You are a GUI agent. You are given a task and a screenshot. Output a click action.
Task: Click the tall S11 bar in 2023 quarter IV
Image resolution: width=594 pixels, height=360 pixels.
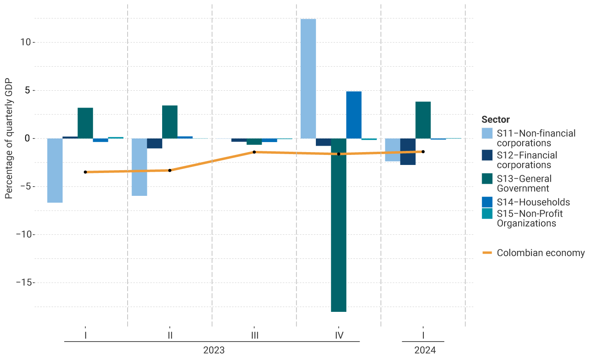308,79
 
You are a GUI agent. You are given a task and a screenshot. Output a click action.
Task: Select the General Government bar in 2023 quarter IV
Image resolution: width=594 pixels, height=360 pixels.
339,225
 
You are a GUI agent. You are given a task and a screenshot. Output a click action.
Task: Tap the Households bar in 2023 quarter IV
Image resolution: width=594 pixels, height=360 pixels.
354,115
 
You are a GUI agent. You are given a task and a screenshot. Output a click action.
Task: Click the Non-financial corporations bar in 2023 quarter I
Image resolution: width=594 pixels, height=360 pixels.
55,170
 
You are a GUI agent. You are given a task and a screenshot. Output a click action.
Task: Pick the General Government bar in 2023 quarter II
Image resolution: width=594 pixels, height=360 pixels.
170,122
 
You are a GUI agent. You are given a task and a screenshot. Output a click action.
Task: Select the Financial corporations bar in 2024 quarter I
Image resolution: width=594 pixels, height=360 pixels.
408,152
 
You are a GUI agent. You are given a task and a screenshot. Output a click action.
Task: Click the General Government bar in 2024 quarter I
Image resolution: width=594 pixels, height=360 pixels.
423,120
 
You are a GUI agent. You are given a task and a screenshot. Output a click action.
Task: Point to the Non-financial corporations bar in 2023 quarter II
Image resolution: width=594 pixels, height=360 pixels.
139,167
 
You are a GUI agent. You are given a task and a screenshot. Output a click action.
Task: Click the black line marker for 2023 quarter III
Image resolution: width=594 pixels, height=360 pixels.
254,152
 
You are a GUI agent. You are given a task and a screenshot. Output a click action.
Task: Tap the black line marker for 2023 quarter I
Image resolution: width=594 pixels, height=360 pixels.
85,172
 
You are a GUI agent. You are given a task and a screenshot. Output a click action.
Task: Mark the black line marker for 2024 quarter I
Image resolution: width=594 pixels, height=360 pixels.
423,152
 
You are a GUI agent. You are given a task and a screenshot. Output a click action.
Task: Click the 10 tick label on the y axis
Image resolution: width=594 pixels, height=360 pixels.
25,42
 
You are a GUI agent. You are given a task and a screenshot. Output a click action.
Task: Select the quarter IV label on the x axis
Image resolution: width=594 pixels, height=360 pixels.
339,335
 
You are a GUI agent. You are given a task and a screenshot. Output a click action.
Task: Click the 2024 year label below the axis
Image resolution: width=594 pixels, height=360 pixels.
425,350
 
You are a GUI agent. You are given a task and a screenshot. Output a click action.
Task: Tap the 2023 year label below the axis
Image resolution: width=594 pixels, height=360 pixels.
214,350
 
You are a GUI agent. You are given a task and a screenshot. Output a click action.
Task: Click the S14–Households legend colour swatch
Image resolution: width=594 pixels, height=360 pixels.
487,202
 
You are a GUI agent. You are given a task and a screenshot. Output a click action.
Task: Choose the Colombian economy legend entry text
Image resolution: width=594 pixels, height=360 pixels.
541,253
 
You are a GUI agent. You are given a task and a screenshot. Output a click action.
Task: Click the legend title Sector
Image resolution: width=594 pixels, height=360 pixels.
496,120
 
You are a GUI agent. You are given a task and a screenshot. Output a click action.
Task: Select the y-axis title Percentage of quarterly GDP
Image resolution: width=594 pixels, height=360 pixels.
9,138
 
